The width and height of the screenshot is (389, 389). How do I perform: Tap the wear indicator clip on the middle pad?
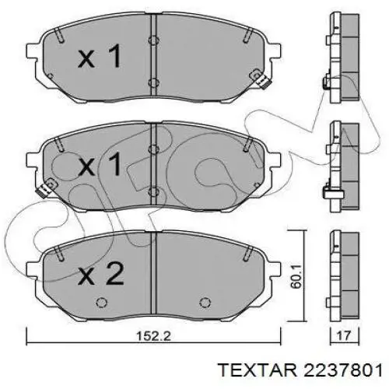tap(51, 185)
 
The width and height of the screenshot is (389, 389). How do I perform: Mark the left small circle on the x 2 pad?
tap(100, 303)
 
